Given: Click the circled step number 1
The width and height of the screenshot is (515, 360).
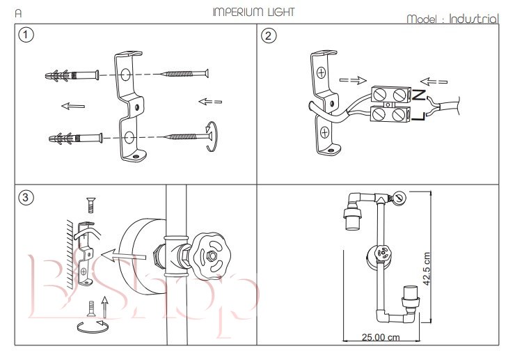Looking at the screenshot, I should [26, 35].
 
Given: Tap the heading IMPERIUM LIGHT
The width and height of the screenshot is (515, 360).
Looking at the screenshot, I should [253, 12].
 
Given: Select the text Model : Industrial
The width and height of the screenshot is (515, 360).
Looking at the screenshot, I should [452, 19].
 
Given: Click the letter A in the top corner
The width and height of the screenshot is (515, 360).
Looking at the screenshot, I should [18, 13].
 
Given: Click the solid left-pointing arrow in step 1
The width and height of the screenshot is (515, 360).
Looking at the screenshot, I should [72, 106].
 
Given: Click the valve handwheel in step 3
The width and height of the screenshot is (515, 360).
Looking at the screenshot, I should [210, 256].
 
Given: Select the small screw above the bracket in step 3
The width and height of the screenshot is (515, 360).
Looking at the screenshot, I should [90, 204].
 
